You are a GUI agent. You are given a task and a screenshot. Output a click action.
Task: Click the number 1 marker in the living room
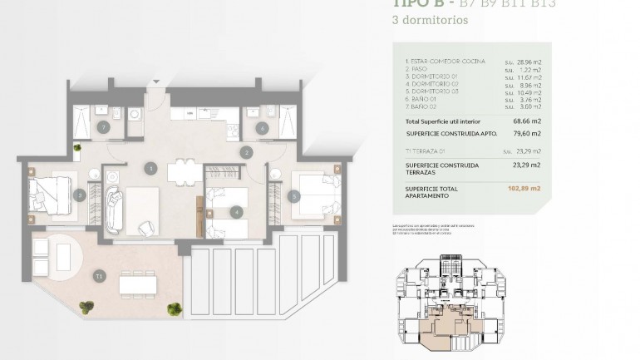click(x=150, y=168)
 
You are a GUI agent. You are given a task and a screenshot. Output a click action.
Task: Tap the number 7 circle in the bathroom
click(x=103, y=127)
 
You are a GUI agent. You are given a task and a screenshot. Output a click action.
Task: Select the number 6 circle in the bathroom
click(x=262, y=128)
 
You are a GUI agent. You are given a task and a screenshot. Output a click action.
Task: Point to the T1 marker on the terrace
click(x=100, y=275)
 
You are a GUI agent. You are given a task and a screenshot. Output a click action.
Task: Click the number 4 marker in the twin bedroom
click(x=237, y=211)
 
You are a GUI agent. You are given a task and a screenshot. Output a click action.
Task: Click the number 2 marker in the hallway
click(x=247, y=152)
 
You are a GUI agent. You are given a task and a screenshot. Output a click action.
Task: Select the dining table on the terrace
click(x=138, y=284)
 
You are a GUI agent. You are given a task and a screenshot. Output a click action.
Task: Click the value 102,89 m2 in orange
click(x=524, y=190)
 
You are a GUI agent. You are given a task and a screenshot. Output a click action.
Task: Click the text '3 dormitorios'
click(x=423, y=21)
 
